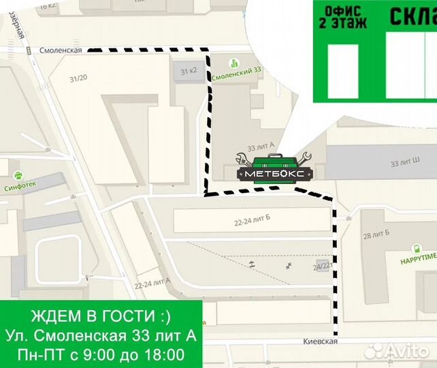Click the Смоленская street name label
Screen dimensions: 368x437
61,50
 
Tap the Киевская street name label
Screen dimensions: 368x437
321,341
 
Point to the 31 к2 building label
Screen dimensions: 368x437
188,71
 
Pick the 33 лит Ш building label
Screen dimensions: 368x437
404,164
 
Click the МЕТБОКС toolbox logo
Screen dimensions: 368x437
274,168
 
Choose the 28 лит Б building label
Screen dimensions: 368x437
376,236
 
